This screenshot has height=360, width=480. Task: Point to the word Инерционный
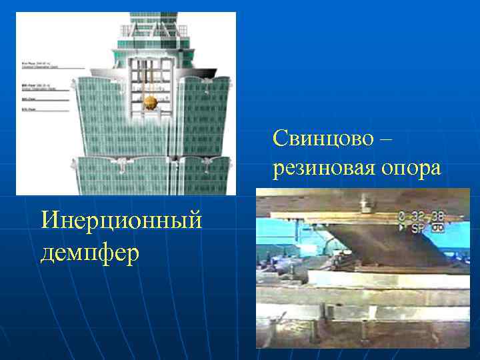pyautogui.click(x=121, y=220)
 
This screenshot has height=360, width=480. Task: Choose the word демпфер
pyautogui.click(x=90, y=252)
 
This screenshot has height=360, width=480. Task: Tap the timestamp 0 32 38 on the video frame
pyautogui.click(x=422, y=216)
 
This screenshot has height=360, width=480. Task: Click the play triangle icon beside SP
pyautogui.click(x=403, y=227)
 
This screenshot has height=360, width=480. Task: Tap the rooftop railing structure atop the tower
pyautogui.click(x=153, y=30)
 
